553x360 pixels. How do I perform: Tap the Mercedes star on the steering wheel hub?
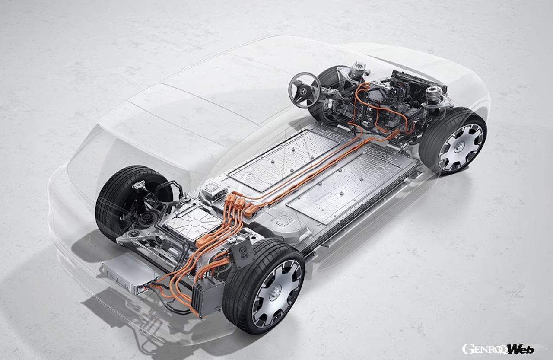pyautogui.click(x=303, y=92)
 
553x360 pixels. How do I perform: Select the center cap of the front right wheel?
pyautogui.click(x=459, y=147)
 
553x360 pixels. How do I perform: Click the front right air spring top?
pyautogui.click(x=434, y=94)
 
